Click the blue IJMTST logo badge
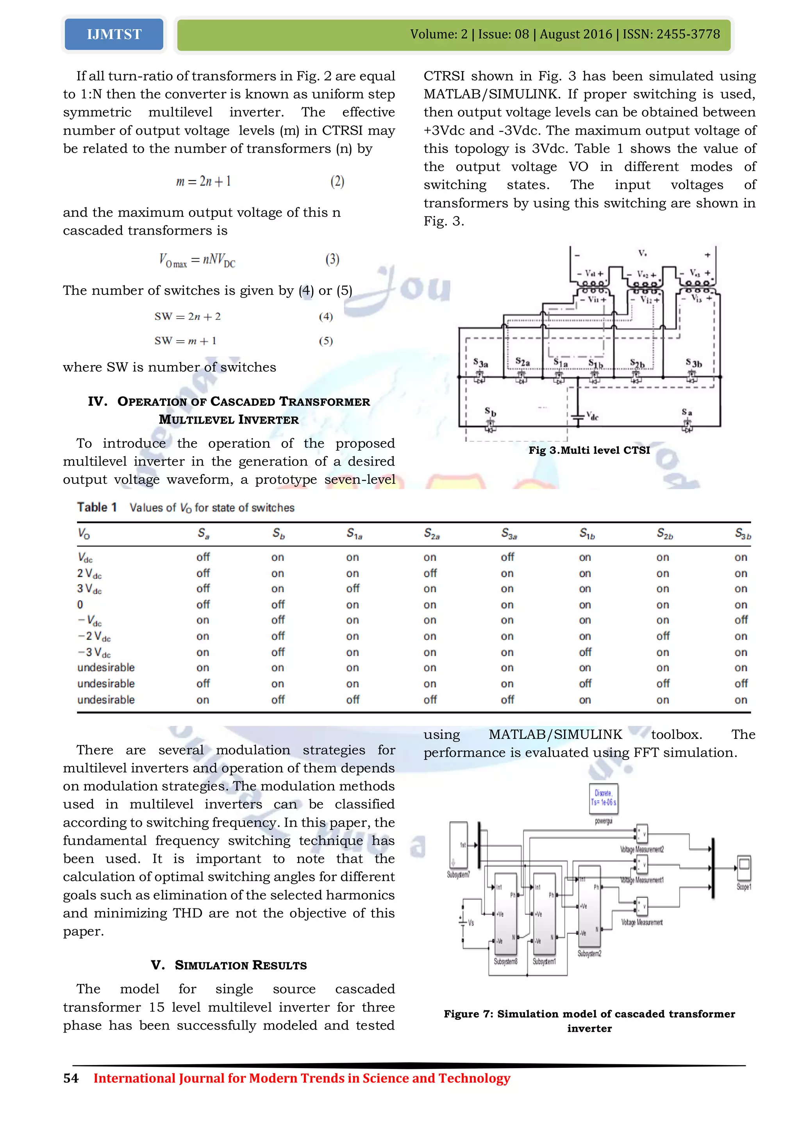[x=114, y=34]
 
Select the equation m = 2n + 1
[x=204, y=181]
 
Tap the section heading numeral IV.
[x=97, y=401]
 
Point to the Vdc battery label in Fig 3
[x=593, y=416]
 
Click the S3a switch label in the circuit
[x=480, y=364]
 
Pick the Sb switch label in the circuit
[x=490, y=412]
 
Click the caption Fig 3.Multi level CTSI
[x=589, y=450]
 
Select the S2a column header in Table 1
[x=432, y=533]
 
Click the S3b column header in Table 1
[x=742, y=533]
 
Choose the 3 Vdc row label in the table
[x=89, y=589]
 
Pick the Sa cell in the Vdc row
[x=203, y=557]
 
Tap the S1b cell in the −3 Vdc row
[x=585, y=652]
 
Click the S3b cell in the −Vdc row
[x=741, y=620]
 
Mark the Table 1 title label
[x=96, y=507]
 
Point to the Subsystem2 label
[x=589, y=954]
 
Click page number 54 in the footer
[x=71, y=1078]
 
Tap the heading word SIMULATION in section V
[x=213, y=965]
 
